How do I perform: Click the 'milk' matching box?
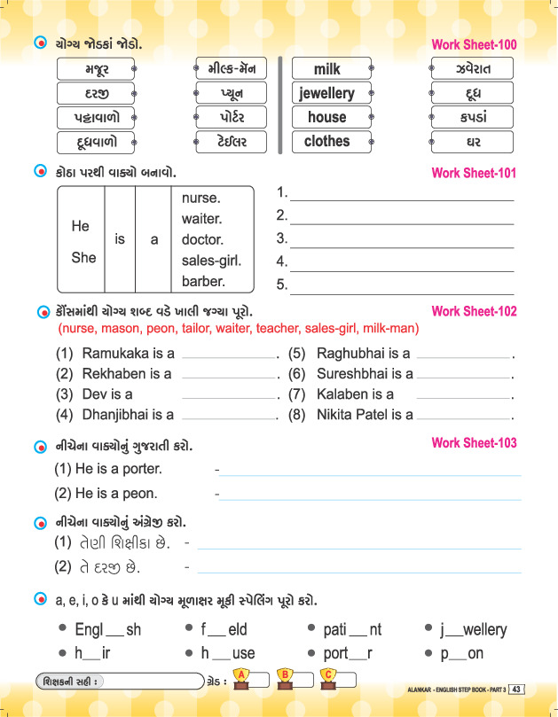coord(326,69)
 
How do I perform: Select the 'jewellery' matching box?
coord(326,93)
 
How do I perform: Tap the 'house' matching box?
coord(326,117)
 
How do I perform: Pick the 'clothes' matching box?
coord(326,141)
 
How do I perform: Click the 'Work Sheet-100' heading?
coord(473,44)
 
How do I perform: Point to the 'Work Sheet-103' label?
coord(473,442)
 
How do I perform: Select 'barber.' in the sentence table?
coord(203,282)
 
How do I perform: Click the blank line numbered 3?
coord(401,239)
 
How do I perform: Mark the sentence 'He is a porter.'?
coord(107,469)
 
